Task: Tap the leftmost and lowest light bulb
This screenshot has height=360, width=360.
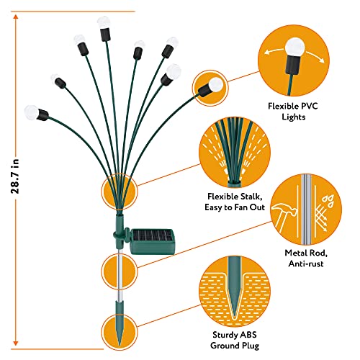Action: (x=31, y=112)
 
